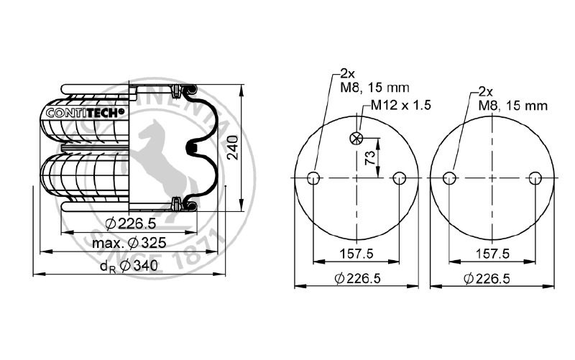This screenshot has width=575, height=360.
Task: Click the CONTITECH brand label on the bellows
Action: pos(85,112)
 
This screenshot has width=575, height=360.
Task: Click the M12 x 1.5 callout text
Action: pos(400,105)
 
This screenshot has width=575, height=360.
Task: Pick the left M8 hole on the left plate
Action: pos(313,178)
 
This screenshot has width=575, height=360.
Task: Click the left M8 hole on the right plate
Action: pos(448,178)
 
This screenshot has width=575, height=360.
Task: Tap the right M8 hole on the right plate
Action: pos(534,178)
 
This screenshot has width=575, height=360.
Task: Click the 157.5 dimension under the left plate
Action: pos(357,254)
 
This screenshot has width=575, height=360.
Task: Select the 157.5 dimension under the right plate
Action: pos(492,254)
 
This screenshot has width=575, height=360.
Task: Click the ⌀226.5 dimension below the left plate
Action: pos(357,278)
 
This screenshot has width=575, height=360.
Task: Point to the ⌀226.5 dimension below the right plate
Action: pos(492,278)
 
